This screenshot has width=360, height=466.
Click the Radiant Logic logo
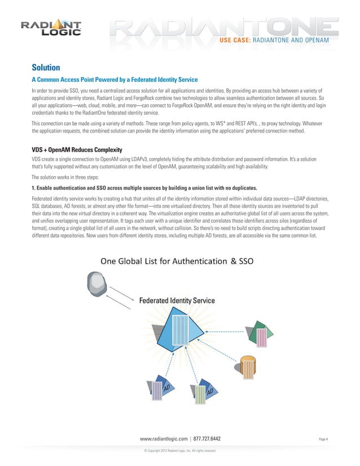51,28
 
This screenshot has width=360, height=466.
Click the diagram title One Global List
177,261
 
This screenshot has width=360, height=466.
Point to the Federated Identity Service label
177,301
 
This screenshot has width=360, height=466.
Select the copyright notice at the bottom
180,451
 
